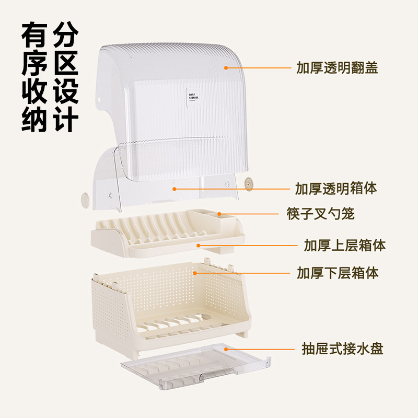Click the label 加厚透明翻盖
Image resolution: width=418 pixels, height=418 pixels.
tap(337, 68)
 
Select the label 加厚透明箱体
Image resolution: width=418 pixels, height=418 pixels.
tap(336, 188)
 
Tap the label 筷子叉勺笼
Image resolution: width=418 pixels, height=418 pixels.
tap(321, 214)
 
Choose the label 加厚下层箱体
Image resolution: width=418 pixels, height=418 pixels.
tap(338, 272)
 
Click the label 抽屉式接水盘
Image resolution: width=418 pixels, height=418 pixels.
tap(342, 349)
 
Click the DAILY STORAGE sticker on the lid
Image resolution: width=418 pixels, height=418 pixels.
tap(194, 98)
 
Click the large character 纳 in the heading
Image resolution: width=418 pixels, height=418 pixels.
tap(36, 120)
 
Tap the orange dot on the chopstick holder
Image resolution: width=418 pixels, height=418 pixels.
tap(219, 214)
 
